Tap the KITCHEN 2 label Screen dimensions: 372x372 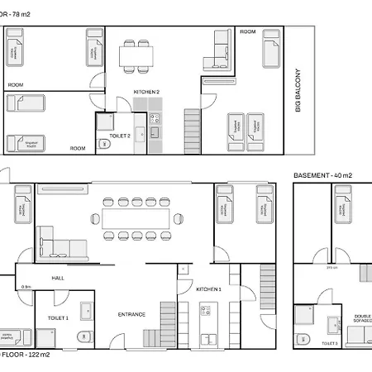pos(146,91)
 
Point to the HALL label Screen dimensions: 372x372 pos(58,278)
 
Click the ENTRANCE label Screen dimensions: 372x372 pos(131,314)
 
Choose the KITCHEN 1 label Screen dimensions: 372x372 pos(207,289)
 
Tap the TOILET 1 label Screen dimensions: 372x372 pos(58,317)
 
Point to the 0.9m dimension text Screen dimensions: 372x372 pos(26,287)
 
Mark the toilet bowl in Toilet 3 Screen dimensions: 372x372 pos(303,338)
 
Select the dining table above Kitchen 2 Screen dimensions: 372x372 pos(136,56)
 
